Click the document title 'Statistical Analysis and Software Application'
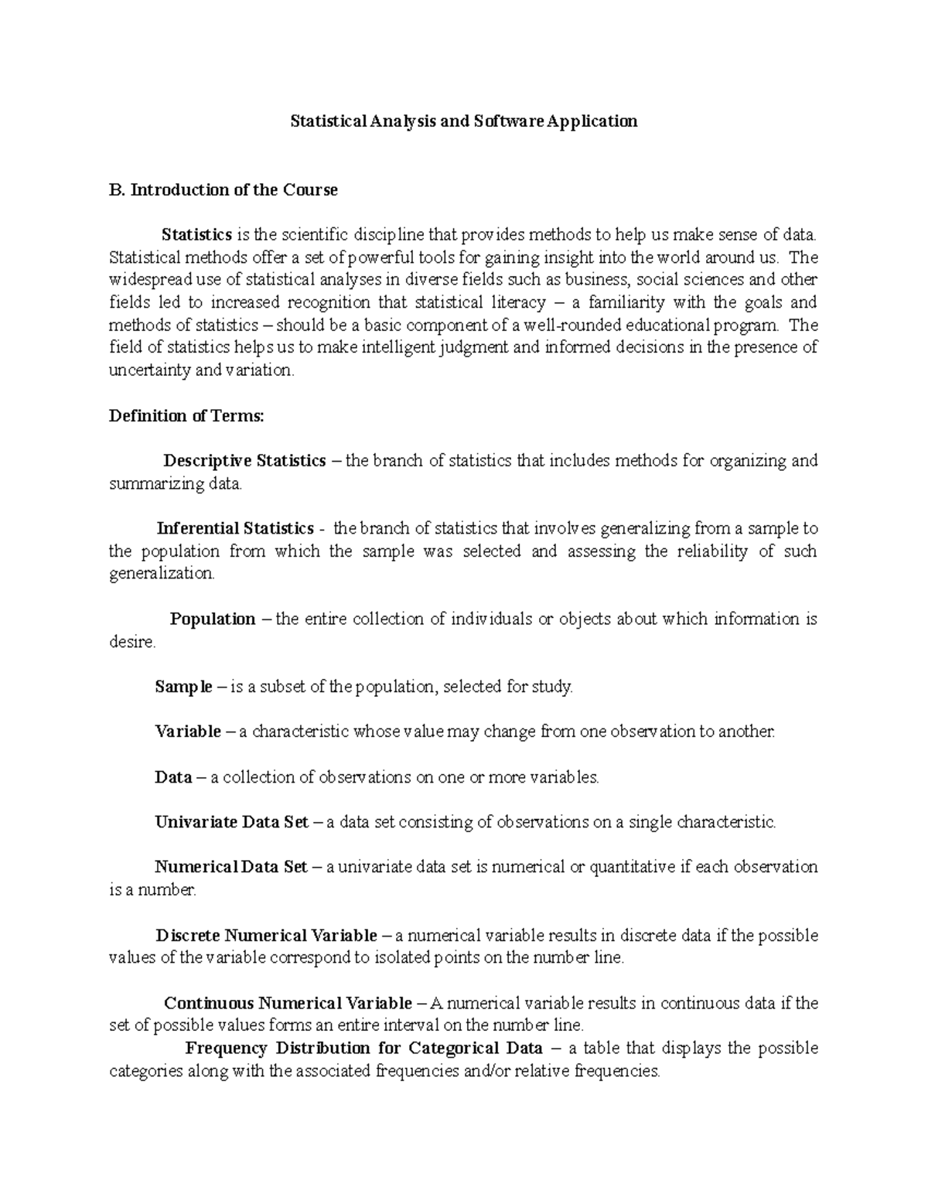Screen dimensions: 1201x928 click(463, 121)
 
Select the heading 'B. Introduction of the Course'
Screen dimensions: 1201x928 click(223, 190)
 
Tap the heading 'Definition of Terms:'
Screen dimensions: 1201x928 click(186, 416)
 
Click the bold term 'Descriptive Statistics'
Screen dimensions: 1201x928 click(244, 462)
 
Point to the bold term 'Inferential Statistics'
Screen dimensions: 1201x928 click(234, 529)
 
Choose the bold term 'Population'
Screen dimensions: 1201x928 click(213, 619)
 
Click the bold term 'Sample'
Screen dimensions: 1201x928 click(183, 687)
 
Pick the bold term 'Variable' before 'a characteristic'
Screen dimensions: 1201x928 click(188, 732)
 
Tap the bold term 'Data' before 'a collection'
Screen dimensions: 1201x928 click(173, 777)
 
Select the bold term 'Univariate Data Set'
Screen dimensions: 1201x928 click(231, 822)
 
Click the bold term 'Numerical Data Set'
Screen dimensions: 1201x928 click(230, 868)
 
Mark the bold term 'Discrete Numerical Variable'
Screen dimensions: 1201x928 click(266, 936)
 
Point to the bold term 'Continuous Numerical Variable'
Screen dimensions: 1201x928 click(288, 1004)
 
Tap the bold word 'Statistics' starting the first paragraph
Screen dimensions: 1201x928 click(196, 235)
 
